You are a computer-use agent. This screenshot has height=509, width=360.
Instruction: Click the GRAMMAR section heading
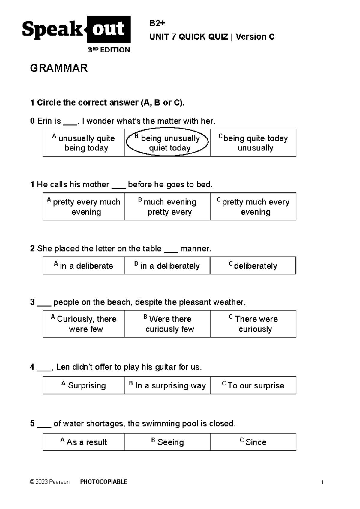coord(59,68)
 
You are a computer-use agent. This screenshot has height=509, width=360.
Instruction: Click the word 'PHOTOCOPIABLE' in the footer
coord(104,482)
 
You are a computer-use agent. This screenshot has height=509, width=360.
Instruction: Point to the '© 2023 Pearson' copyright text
coord(50,482)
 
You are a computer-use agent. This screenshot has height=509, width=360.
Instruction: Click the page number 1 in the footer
coord(322,482)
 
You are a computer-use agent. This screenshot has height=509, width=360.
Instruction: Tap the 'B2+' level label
coord(157,23)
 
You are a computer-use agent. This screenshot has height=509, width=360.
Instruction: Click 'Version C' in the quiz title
coord(255,37)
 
